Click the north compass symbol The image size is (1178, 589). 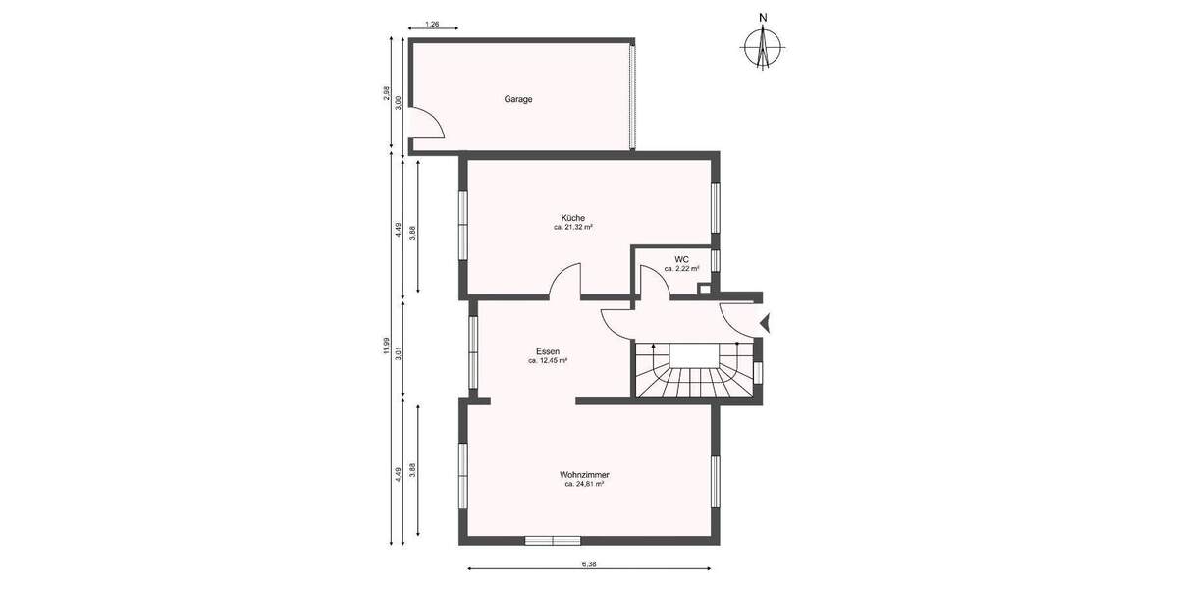click(762, 45)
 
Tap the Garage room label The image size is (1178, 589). click(518, 99)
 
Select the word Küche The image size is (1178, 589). click(573, 217)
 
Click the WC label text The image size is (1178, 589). click(680, 259)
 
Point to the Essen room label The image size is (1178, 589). click(547, 351)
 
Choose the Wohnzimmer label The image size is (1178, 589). click(584, 474)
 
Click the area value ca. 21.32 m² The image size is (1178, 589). click(573, 227)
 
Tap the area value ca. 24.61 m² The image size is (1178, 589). click(584, 484)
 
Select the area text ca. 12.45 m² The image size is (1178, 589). click(547, 361)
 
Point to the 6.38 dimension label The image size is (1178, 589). click(589, 564)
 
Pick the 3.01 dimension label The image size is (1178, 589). click(398, 349)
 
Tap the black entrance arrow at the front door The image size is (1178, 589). click(767, 320)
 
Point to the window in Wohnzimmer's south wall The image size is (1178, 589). click(552, 540)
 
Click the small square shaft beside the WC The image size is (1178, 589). click(703, 289)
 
